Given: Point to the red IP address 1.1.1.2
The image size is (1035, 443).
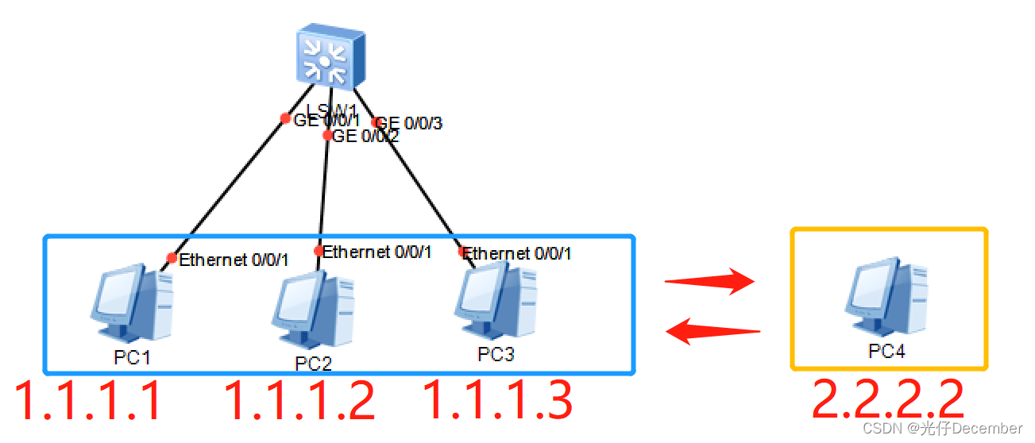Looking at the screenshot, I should pos(299,401).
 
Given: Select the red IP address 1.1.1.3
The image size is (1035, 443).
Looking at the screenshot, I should pos(498,401).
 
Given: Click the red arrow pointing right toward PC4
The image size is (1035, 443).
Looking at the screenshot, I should pos(710,281).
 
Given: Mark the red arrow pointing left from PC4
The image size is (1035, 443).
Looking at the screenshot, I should pos(713,330).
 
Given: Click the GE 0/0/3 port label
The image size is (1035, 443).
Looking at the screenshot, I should pos(410,123).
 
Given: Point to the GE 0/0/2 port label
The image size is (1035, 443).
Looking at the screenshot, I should pos(365,137).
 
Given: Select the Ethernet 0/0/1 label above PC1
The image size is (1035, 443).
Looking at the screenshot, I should pos(234,260).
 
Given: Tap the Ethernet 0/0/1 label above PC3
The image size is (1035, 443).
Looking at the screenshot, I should pos(517,254).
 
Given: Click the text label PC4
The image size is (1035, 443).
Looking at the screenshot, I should pos(886,352).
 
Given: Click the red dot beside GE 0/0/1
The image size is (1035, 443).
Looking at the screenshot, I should pos(285,119).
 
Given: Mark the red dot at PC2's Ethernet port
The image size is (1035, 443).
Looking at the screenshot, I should pos(319,252).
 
